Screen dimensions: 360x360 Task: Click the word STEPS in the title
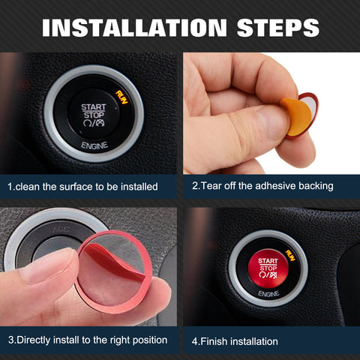[x=268, y=28]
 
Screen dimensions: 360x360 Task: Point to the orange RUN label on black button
[x=118, y=94]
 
